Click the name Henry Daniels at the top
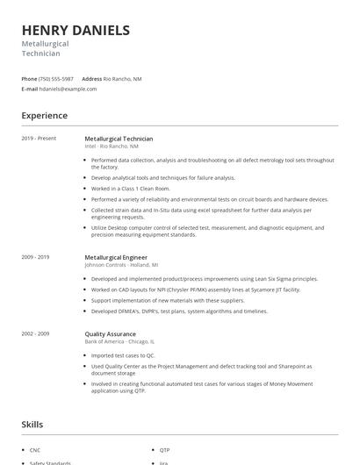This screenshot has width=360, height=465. (76, 30)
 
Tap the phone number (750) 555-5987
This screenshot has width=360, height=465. (57, 79)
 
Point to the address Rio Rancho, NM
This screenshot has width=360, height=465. (122, 79)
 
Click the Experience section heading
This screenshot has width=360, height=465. (45, 115)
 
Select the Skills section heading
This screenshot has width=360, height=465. (32, 424)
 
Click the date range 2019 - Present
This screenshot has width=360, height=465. (39, 139)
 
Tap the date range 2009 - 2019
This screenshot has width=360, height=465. (36, 257)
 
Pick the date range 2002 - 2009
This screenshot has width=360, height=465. (36, 333)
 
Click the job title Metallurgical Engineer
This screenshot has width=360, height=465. (117, 257)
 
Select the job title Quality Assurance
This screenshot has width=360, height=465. (109, 333)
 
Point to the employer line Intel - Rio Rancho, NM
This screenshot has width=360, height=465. (119, 146)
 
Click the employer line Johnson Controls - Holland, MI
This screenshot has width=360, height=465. (121, 264)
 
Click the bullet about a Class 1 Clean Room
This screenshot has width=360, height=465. (132, 188)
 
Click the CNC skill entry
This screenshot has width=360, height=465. (35, 449)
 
